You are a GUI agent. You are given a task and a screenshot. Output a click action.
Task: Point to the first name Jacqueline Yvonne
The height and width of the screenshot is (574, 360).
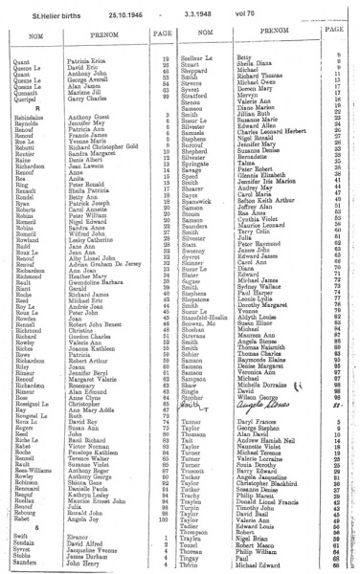pyautogui.click(x=95, y=551)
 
